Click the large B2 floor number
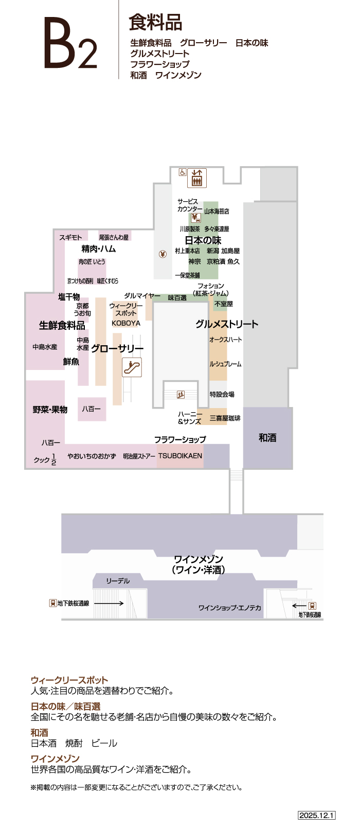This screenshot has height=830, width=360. (69, 43)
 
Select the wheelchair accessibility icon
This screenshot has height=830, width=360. (182, 172)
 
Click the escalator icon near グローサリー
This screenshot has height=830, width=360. (132, 367)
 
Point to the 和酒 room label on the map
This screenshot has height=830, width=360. (267, 437)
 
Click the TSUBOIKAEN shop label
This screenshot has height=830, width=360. (180, 456)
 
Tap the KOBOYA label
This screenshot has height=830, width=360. (126, 323)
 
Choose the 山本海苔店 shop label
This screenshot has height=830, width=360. (217, 211)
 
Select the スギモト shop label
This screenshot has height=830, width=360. (70, 237)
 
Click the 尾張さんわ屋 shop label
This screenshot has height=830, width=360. (114, 237)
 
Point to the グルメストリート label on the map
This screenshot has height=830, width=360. (227, 324)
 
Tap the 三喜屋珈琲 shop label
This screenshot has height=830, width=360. (225, 418)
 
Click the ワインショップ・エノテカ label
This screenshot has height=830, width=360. (230, 608)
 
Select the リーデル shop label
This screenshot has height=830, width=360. (118, 581)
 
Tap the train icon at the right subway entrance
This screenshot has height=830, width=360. (312, 606)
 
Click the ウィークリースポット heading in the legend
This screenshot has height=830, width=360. (69, 680)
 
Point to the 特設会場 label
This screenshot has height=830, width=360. (222, 394)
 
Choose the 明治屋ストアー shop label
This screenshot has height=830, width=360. (139, 456)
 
